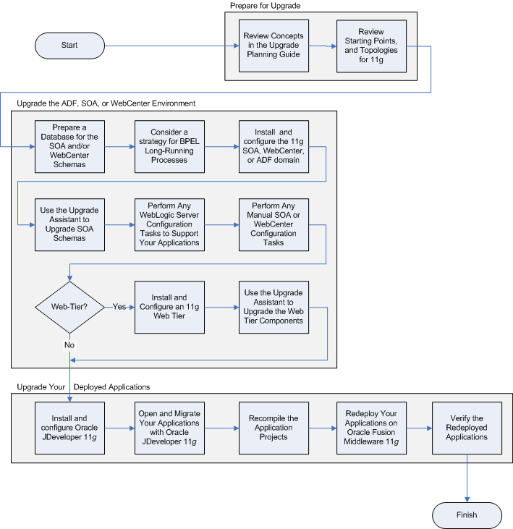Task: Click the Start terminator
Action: [x=69, y=45]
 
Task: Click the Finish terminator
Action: [x=467, y=515]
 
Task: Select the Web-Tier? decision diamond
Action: [x=69, y=307]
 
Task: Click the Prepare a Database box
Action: [x=69, y=147]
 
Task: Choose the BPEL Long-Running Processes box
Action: [x=169, y=147]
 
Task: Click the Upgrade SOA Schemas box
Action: [x=69, y=225]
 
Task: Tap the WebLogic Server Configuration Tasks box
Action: [x=169, y=225]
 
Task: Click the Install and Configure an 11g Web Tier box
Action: [x=169, y=307]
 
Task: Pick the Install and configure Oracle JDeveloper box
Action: [x=69, y=428]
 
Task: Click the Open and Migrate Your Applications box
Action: [x=169, y=428]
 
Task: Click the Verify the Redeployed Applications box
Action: [x=467, y=428]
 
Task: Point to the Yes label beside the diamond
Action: [x=120, y=307]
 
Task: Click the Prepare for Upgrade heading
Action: [x=265, y=6]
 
